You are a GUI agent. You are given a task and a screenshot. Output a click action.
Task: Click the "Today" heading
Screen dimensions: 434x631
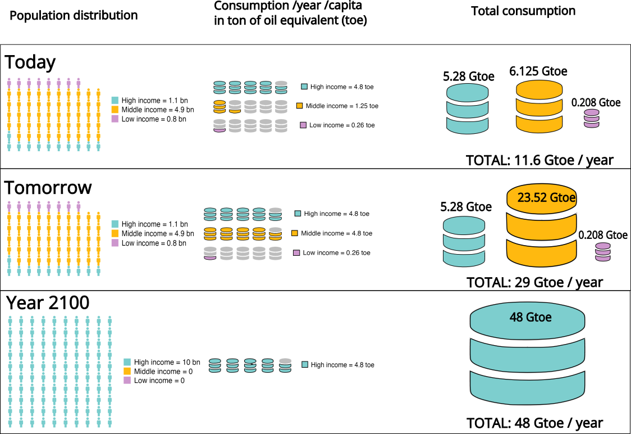pos(30,62)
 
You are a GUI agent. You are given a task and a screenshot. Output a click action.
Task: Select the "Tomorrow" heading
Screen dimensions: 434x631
pos(48,188)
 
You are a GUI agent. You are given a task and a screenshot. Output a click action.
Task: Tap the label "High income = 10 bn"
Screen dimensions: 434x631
pos(167,362)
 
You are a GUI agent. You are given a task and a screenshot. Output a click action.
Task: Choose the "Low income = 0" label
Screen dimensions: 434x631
pos(159,381)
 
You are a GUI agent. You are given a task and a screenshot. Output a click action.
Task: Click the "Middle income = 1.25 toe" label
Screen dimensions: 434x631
pos(342,106)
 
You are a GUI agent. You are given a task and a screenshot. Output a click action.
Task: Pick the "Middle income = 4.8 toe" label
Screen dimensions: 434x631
pos(336,233)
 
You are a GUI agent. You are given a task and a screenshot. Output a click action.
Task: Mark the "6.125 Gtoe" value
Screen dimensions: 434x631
pos(538,72)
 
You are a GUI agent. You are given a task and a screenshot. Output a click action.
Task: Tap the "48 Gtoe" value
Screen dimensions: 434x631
pos(531,317)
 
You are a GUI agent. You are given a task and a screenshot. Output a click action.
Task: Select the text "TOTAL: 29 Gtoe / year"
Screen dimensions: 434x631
pos(534,283)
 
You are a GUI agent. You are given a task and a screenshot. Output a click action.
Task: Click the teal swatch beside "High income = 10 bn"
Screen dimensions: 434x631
pos(127,362)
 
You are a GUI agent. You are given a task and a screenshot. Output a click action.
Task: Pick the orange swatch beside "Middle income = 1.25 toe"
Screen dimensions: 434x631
pos(300,106)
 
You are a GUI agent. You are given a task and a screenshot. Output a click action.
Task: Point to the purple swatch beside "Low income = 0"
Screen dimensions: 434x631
pos(127,381)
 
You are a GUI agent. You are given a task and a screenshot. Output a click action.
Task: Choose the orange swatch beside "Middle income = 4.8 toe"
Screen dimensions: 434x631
pos(295,233)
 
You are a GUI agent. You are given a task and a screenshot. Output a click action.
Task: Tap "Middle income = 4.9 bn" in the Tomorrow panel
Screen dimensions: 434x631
pos(157,233)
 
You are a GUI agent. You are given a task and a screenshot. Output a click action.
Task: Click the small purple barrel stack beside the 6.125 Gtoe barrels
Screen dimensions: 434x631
pos(591,119)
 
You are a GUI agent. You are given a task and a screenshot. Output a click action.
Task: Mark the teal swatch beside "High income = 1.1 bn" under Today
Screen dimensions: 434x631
pos(115,100)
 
